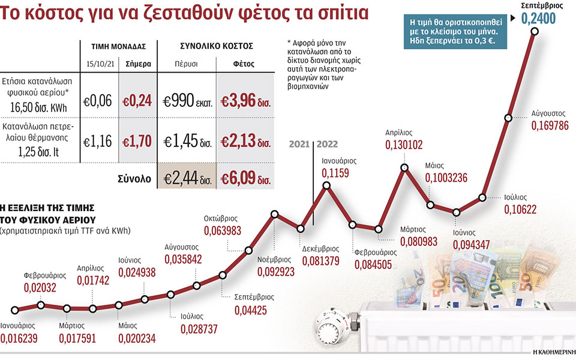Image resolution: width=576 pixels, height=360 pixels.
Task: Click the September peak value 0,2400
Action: click(538, 20)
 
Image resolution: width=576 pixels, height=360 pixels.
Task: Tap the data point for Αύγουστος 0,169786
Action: click(508, 118)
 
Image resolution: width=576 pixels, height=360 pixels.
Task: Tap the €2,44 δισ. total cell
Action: click(185, 178)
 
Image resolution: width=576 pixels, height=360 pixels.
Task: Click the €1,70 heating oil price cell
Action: click(137, 142)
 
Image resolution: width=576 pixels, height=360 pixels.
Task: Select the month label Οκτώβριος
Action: click(223, 220)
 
